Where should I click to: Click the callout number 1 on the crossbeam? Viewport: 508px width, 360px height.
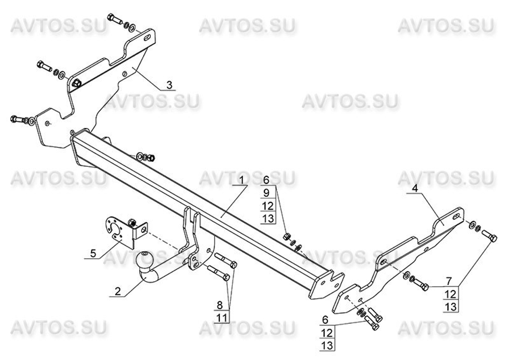(x=242, y=180)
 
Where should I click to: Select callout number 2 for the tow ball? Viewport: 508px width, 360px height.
(x=118, y=291)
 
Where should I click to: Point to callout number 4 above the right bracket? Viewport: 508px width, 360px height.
(x=415, y=188)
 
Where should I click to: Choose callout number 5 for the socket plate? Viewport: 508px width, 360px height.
(x=93, y=253)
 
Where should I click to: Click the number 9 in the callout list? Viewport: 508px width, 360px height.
(x=266, y=193)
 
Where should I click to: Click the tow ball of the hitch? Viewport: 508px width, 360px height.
(x=147, y=261)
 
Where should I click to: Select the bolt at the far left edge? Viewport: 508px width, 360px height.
(x=18, y=119)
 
